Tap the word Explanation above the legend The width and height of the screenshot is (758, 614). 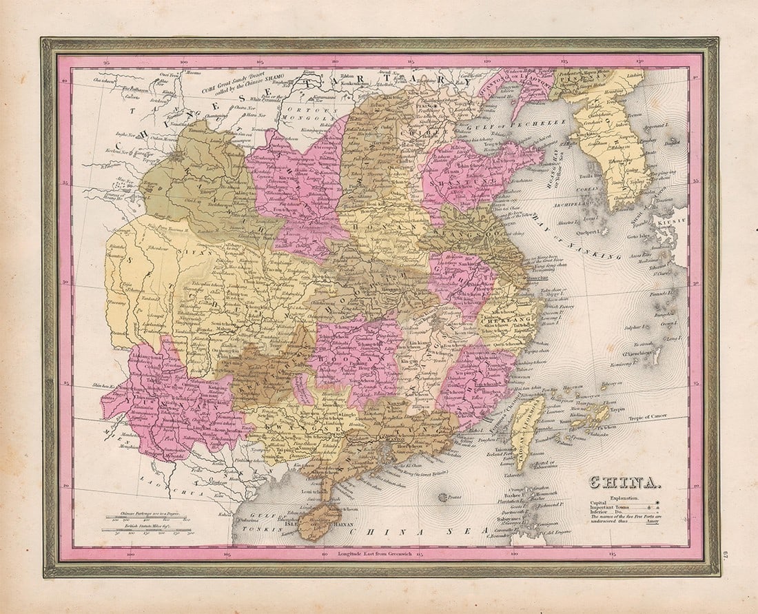[626, 496]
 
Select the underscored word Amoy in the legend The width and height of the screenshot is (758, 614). [648, 522]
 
